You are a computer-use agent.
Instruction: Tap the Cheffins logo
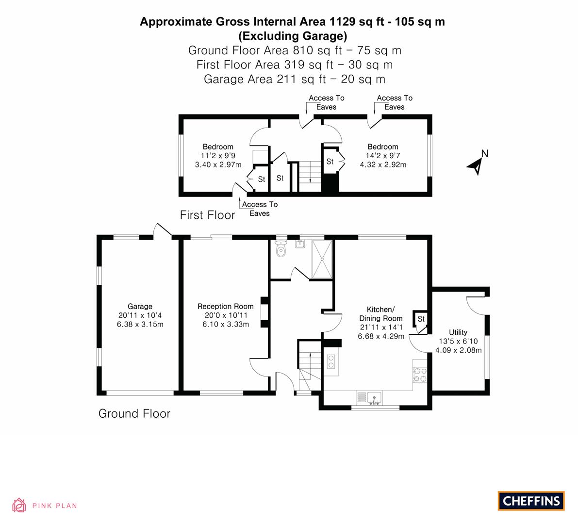(531, 501)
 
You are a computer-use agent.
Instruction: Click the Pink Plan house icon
(19, 505)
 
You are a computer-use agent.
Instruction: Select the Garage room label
(140, 306)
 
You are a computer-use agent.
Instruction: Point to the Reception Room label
(226, 306)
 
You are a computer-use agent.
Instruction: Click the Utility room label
(458, 332)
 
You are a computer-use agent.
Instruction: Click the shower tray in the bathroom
(322, 259)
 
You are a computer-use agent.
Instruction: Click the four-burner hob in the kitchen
(420, 375)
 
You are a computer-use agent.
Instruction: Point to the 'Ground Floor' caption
(134, 413)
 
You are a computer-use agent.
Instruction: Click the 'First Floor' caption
(207, 215)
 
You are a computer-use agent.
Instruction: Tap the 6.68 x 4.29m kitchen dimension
(381, 336)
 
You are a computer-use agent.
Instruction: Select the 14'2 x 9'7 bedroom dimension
(383, 156)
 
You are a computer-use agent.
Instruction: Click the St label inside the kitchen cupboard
(421, 319)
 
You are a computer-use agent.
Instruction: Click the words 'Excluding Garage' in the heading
(293, 36)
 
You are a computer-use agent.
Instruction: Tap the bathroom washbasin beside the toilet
(300, 244)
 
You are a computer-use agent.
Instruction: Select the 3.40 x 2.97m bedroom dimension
(218, 164)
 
